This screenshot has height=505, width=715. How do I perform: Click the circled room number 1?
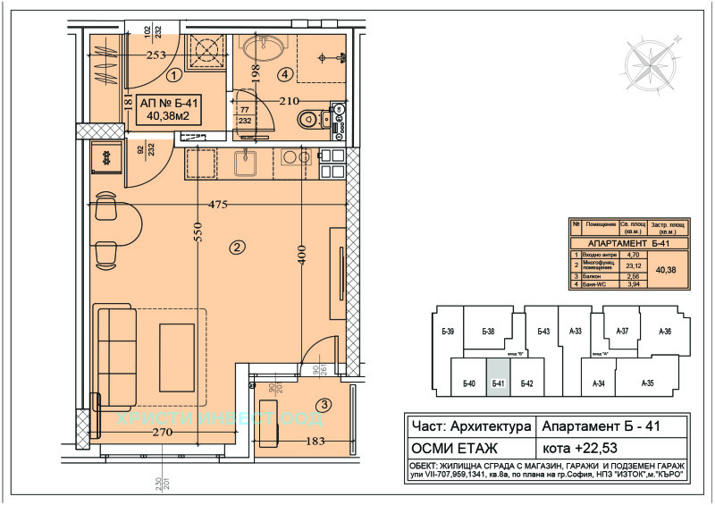[173, 76]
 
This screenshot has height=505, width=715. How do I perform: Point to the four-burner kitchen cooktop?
[331, 161]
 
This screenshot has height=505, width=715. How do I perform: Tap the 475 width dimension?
[219, 205]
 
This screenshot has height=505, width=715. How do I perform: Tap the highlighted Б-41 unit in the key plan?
[499, 377]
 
